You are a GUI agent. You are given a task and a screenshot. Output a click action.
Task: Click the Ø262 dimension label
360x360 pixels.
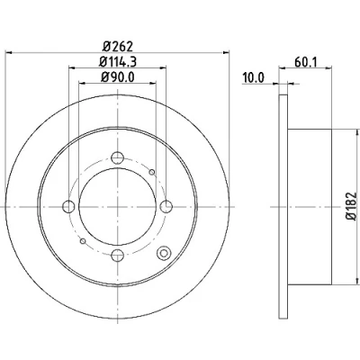tap(117, 47)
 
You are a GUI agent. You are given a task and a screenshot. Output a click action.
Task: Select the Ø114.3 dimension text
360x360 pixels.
tap(118, 62)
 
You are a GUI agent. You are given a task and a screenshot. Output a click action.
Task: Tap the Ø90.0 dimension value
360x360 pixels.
tap(117, 77)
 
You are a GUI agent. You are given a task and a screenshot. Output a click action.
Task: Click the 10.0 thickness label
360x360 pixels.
tap(254, 78)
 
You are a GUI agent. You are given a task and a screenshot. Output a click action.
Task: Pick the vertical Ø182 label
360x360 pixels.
tap(352, 207)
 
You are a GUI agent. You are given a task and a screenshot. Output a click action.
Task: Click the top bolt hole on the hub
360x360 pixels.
tap(117, 157)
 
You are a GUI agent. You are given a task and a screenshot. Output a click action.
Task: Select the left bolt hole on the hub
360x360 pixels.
tap(68, 206)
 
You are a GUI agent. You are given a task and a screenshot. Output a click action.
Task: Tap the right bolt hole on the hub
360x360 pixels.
tap(166, 206)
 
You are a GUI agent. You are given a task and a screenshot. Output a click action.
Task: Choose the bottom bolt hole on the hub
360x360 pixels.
tap(117, 256)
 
